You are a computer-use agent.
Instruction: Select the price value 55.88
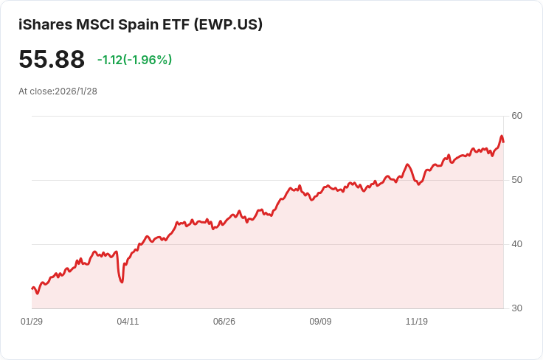[x=52, y=59]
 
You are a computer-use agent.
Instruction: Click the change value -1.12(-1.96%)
[x=134, y=60]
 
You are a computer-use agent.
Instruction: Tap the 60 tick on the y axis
[x=516, y=116]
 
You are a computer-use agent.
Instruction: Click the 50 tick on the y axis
[x=516, y=180]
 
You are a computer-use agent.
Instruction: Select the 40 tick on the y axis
[x=516, y=244]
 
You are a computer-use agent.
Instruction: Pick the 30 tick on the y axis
[x=516, y=308]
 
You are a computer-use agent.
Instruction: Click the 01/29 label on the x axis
[x=32, y=322]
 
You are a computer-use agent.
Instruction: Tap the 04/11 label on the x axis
[x=128, y=322]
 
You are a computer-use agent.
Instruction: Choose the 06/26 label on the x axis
[x=224, y=322]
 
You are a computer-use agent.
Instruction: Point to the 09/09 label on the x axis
[x=320, y=322]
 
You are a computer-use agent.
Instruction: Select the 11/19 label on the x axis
[x=417, y=322]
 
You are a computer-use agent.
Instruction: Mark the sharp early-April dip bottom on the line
[x=122, y=282]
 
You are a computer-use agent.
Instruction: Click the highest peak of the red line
[x=502, y=136]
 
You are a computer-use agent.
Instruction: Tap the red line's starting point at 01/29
[x=32, y=288]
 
